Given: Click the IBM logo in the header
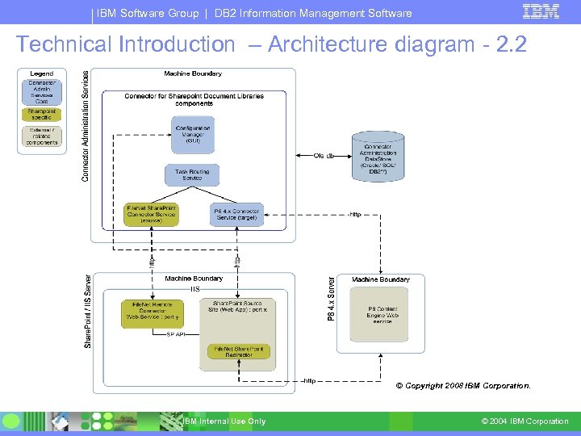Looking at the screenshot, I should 541,11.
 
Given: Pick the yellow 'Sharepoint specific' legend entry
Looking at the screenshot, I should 41,114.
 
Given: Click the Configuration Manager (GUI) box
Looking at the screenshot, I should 192,134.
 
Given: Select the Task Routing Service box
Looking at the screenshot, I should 192,174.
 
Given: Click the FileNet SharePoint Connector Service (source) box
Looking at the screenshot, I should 151,214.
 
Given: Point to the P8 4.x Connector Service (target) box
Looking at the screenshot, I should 237,214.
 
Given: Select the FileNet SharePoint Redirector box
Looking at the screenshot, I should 238,352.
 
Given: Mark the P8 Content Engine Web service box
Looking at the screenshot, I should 382,315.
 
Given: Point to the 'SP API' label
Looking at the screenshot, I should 176,333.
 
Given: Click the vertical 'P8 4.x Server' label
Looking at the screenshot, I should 330,298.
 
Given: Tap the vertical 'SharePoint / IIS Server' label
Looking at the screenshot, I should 88,311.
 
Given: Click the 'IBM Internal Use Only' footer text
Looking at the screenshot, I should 224,421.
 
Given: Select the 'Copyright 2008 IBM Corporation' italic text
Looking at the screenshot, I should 463,386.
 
